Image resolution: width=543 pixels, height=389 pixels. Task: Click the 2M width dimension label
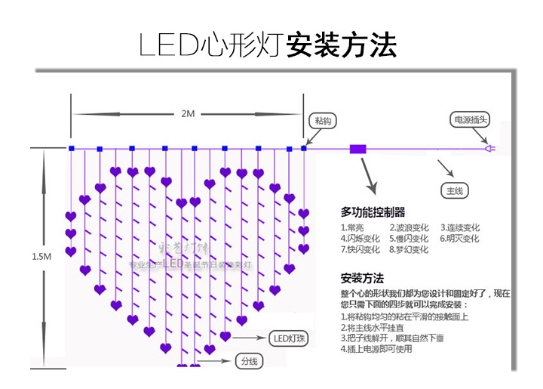[x=188, y=113]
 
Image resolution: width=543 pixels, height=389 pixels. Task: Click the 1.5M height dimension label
[x=42, y=257]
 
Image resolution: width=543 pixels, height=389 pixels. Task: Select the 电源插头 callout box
[x=471, y=119]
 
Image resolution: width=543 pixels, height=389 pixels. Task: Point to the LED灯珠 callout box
[x=286, y=337]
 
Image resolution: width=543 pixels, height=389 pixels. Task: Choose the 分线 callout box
[x=248, y=361]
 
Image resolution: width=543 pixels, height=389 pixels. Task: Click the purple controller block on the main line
[x=357, y=149]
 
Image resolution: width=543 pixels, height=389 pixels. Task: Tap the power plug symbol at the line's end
[x=489, y=149]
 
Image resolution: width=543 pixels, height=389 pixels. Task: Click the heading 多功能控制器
[x=373, y=211]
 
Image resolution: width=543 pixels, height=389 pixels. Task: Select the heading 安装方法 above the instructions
[x=363, y=277]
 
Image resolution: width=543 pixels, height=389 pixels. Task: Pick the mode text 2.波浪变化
[x=409, y=227]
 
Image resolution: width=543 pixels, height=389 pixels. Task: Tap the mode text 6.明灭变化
[x=460, y=239]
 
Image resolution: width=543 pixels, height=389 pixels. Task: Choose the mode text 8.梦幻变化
[x=409, y=249]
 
